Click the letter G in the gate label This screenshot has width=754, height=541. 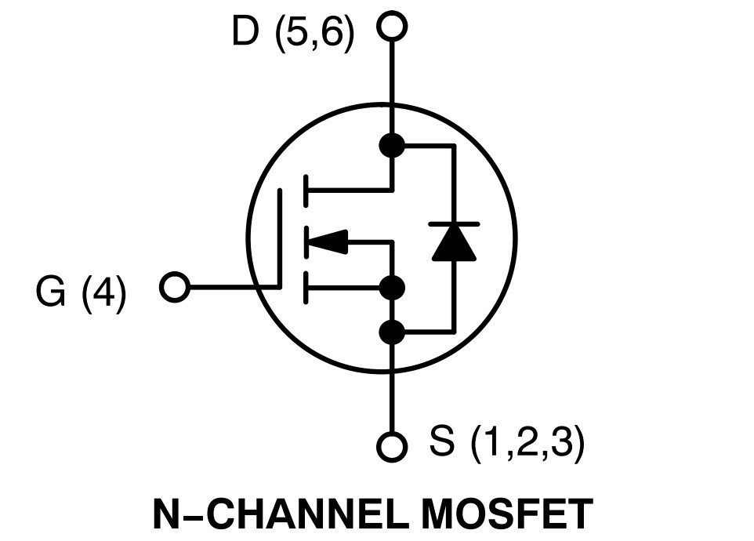[x=50, y=291]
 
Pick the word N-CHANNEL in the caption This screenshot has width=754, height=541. [x=282, y=514]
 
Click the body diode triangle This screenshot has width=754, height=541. [x=454, y=243]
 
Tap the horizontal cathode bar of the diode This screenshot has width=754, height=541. [x=454, y=223]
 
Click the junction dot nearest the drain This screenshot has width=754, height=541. [x=392, y=145]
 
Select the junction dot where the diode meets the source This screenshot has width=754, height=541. [x=392, y=332]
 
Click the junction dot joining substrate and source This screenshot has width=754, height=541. [x=392, y=288]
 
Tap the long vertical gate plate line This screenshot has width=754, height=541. [x=279, y=239]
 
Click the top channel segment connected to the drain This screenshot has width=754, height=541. [x=306, y=191]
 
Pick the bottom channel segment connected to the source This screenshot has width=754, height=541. [x=306, y=288]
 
